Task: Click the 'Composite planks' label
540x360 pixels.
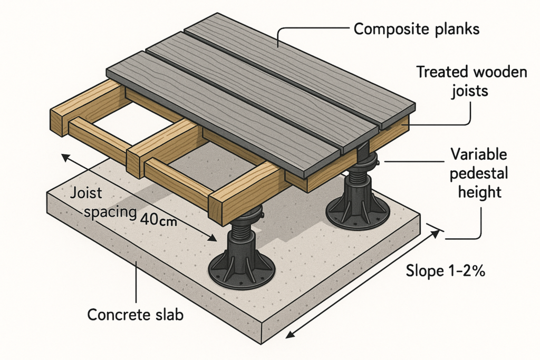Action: [416, 29]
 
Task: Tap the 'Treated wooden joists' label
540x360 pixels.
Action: [471, 81]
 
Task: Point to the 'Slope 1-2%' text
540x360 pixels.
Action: [446, 271]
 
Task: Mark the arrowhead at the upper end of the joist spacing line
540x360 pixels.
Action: [64, 157]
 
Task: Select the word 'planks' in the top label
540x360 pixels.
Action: [455, 30]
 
